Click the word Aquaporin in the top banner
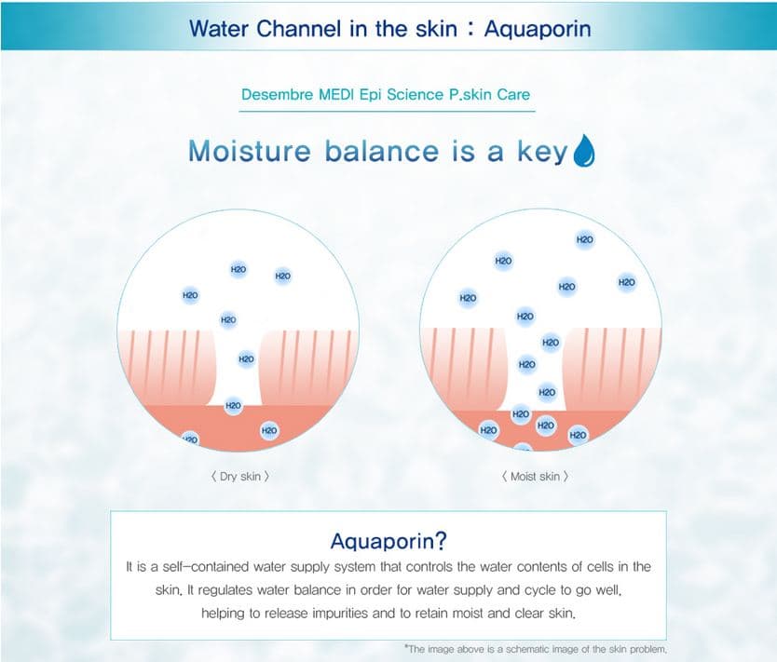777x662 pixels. tap(538, 28)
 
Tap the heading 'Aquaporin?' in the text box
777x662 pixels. tap(388, 541)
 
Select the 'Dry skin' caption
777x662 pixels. tap(240, 477)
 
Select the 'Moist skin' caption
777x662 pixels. tap(535, 477)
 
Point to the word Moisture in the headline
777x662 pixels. tap(250, 151)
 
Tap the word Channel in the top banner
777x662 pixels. tap(299, 28)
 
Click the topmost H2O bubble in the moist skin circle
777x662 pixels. tap(585, 239)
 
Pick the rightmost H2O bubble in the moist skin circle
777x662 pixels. tap(626, 282)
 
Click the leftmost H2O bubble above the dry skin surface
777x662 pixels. tap(190, 295)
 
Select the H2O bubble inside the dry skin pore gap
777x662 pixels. tap(246, 359)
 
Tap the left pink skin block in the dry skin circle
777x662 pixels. tap(167, 368)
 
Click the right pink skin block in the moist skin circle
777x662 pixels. tap(612, 369)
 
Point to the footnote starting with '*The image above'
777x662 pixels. tap(535, 649)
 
